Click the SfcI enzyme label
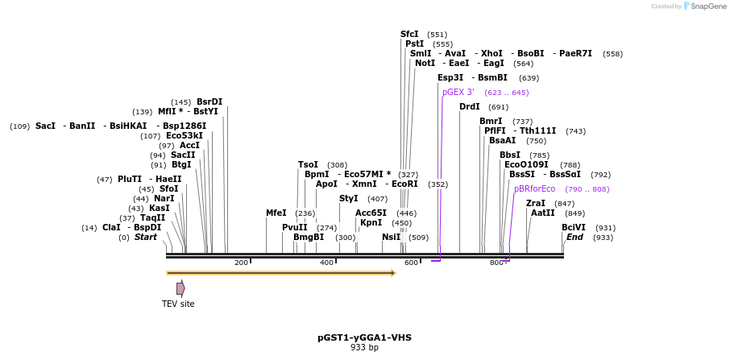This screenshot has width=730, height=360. (409, 35)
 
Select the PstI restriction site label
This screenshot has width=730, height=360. (414, 44)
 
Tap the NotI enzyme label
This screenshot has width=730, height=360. (425, 64)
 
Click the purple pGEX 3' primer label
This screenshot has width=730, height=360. (458, 93)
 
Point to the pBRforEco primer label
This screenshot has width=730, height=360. (534, 189)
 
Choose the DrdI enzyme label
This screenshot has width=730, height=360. (469, 107)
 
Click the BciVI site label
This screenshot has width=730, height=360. (574, 228)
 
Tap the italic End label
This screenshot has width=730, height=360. (574, 238)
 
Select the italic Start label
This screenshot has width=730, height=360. (146, 238)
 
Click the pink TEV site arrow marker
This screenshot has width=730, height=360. (180, 288)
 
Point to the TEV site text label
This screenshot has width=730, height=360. (178, 304)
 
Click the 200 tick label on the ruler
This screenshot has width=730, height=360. (241, 263)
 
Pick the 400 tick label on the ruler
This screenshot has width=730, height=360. (326, 263)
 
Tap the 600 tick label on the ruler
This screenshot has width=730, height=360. (411, 263)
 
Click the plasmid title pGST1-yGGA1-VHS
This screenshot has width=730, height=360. (364, 337)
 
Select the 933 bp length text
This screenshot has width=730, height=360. (364, 348)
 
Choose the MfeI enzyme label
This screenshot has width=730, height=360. (276, 213)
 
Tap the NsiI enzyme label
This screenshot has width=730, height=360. (391, 238)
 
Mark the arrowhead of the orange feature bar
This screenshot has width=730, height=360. (393, 273)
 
